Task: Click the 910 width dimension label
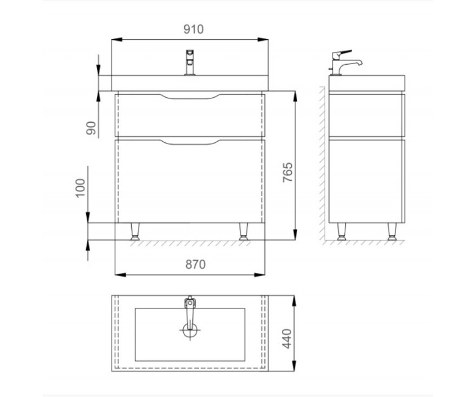193,29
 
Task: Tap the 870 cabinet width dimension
195,264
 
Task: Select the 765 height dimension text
287,172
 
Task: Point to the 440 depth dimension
287,339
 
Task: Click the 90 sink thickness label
91,128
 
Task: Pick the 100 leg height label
81,188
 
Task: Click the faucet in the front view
190,62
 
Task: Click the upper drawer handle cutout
190,97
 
